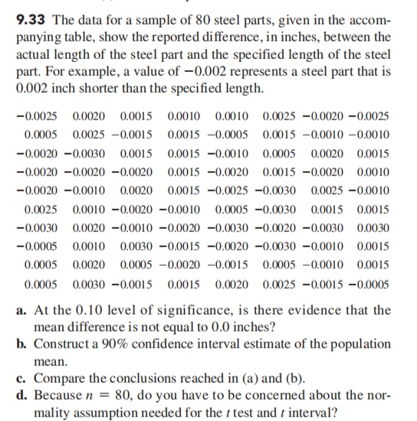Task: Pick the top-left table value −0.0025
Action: point(34,116)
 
